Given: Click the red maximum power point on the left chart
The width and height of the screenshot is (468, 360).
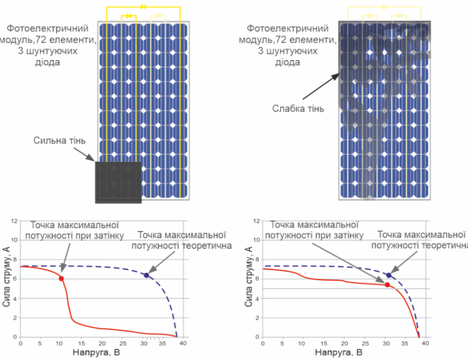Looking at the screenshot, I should (61, 278).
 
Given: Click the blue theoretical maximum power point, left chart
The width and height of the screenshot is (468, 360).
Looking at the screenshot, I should (146, 275).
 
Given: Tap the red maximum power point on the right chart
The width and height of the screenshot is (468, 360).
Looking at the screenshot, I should (387, 284).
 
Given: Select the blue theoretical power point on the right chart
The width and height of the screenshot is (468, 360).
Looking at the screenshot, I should (389, 275).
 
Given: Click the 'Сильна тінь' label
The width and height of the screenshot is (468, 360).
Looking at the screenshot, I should (60, 141).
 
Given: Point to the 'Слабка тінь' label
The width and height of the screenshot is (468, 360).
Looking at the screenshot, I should (298, 109).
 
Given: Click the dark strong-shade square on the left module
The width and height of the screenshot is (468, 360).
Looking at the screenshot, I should (118, 182).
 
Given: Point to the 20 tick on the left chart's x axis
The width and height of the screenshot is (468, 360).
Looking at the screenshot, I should (100, 343).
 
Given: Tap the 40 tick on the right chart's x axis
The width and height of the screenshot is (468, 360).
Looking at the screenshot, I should (425, 343).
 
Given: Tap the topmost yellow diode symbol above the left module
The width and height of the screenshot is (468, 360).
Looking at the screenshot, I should (143, 6).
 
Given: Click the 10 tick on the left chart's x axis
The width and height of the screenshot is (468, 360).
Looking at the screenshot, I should (60, 343).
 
